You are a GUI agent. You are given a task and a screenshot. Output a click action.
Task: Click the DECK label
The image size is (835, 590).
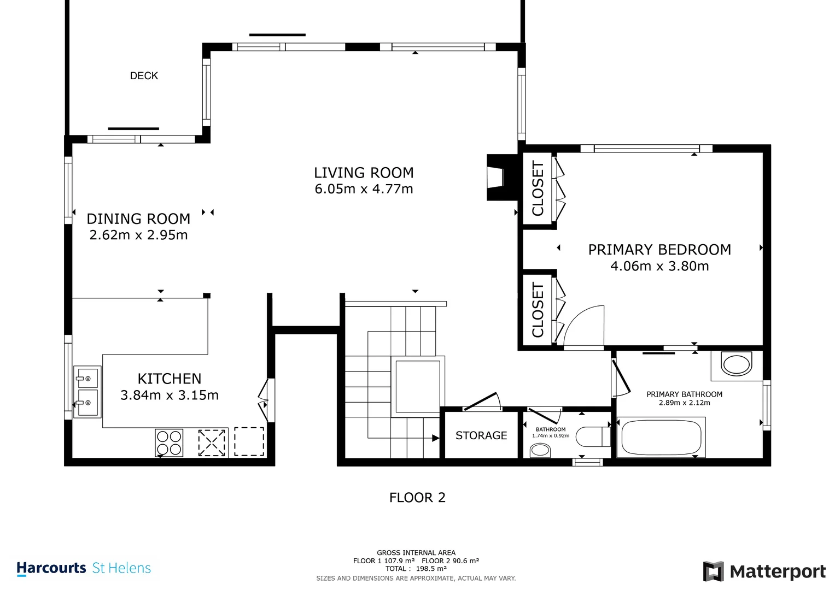click(144, 75)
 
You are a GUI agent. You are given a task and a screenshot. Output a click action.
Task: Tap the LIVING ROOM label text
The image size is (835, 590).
click(364, 173)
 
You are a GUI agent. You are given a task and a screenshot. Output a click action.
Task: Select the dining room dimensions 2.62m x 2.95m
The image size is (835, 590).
click(139, 235)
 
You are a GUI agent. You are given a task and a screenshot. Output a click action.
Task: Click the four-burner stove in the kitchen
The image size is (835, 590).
click(169, 442)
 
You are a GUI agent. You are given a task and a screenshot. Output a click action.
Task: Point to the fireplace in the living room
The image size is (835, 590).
click(501, 178)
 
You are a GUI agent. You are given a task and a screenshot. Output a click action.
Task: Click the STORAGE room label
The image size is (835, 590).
click(481, 435)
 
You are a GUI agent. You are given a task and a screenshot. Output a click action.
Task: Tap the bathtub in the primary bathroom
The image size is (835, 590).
click(661, 437)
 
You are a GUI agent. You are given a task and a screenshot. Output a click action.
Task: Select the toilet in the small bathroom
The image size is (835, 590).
click(593, 436)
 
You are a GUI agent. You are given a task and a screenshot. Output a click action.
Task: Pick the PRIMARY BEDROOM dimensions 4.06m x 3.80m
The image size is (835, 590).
click(659, 266)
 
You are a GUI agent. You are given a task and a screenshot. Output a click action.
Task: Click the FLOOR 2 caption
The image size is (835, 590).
click(418, 498)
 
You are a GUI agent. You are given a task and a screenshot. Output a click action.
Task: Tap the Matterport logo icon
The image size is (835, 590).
click(714, 571)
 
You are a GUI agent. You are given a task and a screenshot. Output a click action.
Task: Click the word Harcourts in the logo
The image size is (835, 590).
click(51, 568)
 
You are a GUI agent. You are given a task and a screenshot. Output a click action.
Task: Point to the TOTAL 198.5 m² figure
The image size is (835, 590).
click(416, 569)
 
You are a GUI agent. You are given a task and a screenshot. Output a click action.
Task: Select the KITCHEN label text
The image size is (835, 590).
click(170, 379)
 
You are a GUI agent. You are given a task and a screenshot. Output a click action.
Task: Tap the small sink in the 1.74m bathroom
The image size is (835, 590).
click(540, 450)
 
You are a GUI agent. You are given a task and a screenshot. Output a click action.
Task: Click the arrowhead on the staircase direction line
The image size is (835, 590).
click(435, 438)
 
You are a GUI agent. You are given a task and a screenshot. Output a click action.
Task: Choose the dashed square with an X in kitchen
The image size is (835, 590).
click(212, 442)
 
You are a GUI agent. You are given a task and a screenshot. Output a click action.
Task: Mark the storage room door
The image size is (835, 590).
click(482, 402)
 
